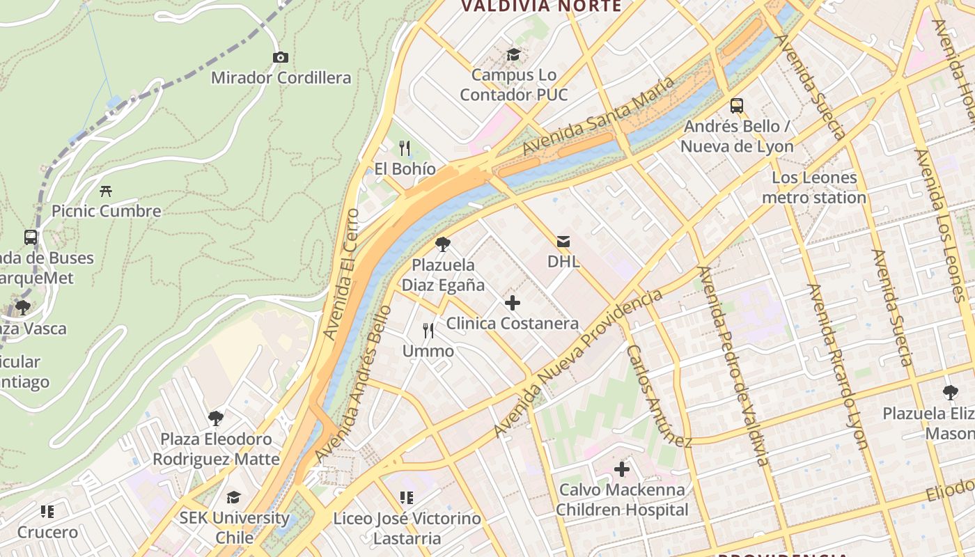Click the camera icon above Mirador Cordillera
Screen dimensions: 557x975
281,57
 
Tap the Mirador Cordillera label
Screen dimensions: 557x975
281,77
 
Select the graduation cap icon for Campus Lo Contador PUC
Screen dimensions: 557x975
513,54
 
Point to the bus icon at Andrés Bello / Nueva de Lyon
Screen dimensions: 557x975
737,106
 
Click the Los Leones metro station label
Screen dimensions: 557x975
813,187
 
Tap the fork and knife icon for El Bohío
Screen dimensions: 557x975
405,148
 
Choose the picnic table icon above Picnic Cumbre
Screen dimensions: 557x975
106,190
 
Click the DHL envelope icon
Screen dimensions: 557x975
563,242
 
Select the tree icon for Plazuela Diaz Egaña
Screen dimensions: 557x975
442,244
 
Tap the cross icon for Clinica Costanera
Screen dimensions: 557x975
513,303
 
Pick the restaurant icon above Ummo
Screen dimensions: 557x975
428,330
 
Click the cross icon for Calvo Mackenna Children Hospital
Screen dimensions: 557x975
622,469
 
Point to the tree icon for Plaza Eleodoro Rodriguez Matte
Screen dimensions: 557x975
216,418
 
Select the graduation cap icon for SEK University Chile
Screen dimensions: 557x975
233,497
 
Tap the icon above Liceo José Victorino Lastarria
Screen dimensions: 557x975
407,498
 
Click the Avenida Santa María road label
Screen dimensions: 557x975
598,116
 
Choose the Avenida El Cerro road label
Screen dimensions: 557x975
341,274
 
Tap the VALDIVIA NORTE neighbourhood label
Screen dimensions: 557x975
541,6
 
